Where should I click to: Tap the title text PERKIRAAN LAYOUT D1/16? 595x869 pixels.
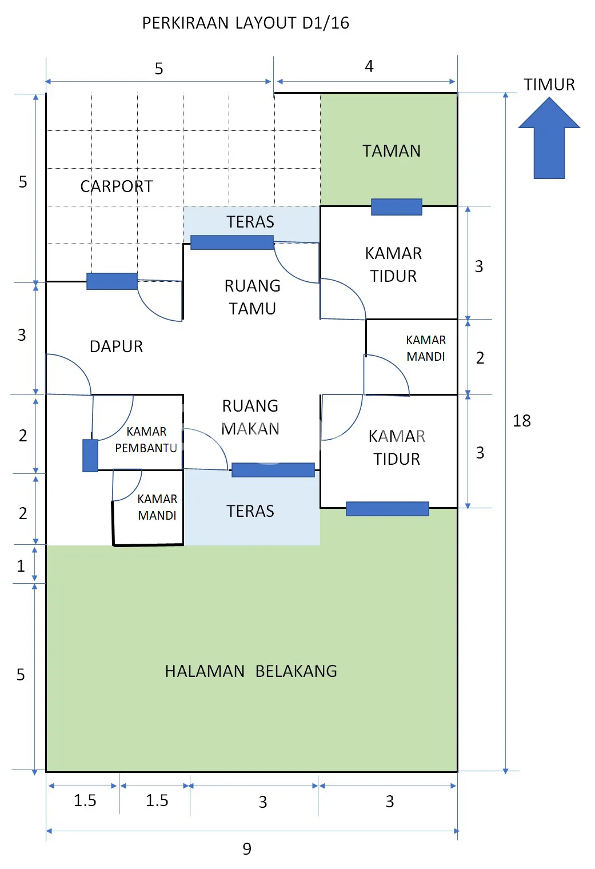(245, 23)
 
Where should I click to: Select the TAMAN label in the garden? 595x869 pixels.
(392, 151)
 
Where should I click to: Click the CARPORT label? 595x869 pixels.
(117, 186)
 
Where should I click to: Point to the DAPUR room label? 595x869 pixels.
(116, 346)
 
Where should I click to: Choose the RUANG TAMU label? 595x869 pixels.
(252, 297)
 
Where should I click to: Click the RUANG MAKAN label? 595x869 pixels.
(250, 417)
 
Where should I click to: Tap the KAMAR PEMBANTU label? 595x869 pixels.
(146, 440)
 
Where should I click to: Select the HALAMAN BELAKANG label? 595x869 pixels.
(251, 671)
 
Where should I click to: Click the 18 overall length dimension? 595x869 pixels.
(522, 421)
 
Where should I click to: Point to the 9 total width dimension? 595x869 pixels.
(247, 849)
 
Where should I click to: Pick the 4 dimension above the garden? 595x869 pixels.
(369, 67)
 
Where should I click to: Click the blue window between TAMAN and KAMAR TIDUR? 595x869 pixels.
(397, 207)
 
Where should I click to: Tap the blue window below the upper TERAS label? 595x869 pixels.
(232, 242)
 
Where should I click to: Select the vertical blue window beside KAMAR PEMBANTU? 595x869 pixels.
(90, 456)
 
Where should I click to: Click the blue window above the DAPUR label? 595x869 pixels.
(112, 281)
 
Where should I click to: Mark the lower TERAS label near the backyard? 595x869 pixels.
(250, 511)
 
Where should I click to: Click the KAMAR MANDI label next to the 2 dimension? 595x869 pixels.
(426, 348)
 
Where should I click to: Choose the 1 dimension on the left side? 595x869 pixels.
(21, 566)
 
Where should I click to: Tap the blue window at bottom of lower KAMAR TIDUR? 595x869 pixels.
(388, 509)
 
